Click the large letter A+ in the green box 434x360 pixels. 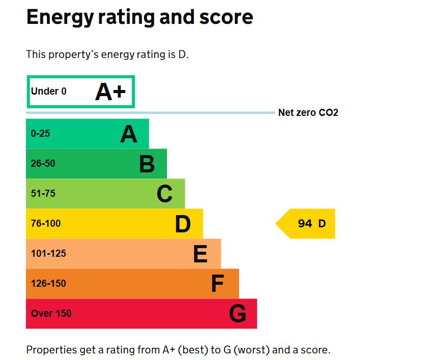[x=110, y=92]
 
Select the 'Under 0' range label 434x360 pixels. [x=49, y=92]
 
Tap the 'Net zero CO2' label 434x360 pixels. [x=308, y=113]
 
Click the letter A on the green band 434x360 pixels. [x=129, y=134]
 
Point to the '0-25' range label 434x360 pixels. [x=41, y=134]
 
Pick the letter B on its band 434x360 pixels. [x=147, y=164]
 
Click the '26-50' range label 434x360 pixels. [x=43, y=164]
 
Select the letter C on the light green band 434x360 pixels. [x=165, y=194]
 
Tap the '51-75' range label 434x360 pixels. [x=43, y=194]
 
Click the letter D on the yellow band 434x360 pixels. [x=183, y=224]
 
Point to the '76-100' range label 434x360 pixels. [x=46, y=224]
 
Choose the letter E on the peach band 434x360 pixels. [x=200, y=254]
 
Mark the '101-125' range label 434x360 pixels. [x=48, y=253]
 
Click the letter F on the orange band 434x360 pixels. [x=218, y=284]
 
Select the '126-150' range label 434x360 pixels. [x=48, y=283]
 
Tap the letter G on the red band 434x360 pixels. [x=238, y=314]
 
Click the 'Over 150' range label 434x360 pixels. [x=51, y=313]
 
